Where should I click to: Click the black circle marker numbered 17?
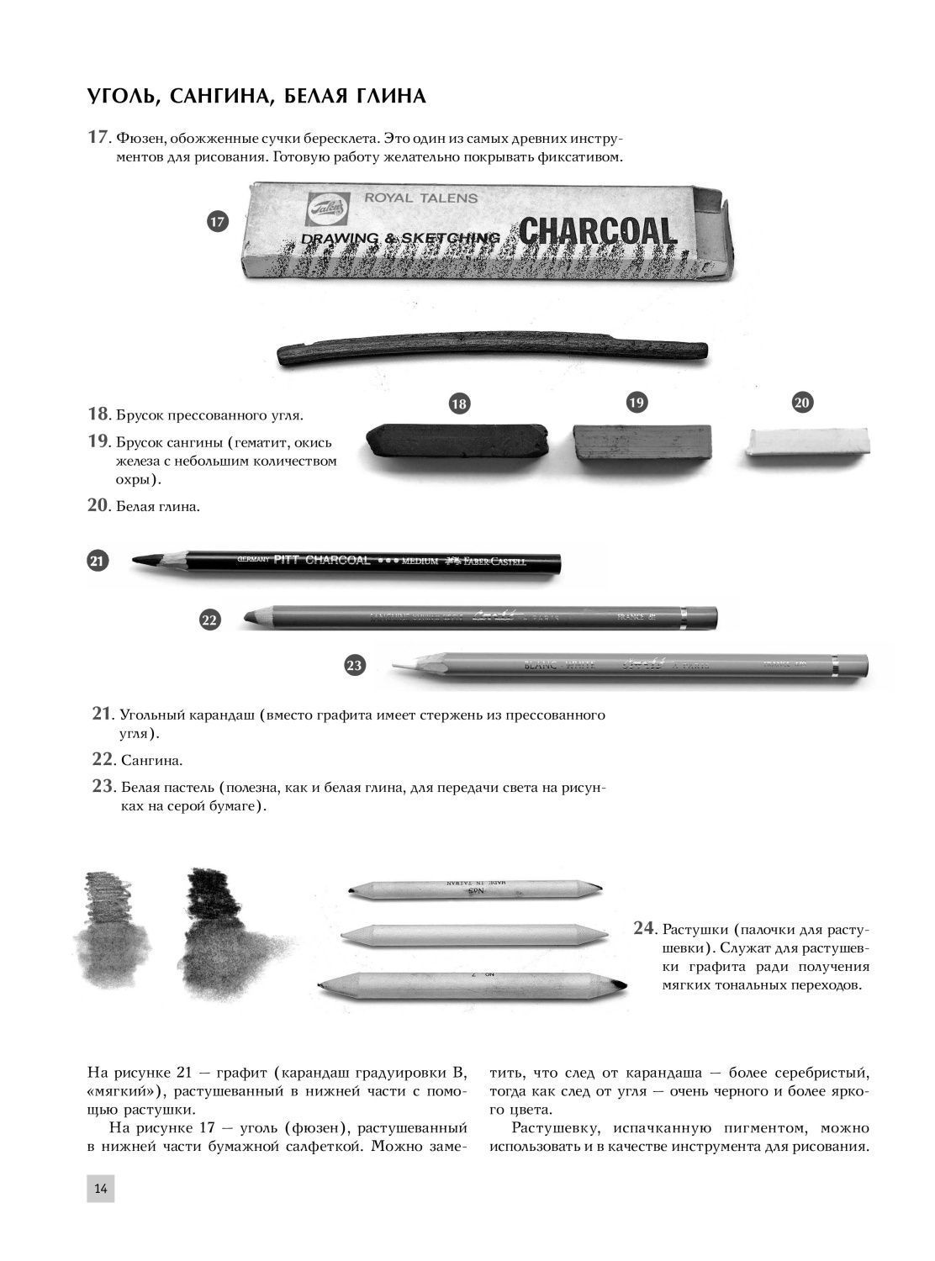(x=218, y=222)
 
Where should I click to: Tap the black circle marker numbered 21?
(x=98, y=561)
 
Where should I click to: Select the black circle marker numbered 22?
(x=210, y=620)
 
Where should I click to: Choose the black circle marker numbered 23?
(x=355, y=665)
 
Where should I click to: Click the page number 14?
(x=100, y=1188)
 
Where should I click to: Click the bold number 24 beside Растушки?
(x=643, y=928)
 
